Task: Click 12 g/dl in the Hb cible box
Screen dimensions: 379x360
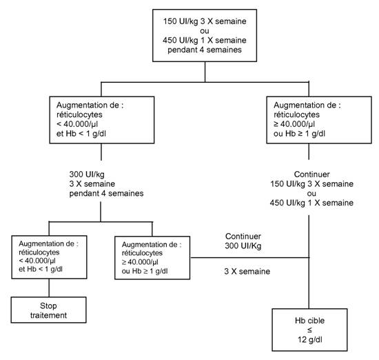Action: click(310, 340)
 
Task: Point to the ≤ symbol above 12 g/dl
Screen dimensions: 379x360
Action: click(309, 330)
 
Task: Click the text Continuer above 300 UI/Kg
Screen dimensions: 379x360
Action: click(243, 237)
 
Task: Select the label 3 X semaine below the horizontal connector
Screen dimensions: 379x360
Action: click(247, 272)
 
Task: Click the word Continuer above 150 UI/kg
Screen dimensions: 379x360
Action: click(311, 174)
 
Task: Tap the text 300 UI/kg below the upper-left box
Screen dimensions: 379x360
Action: click(87, 174)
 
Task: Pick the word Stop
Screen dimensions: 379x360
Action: click(48, 306)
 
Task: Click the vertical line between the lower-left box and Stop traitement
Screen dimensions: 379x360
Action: click(49, 288)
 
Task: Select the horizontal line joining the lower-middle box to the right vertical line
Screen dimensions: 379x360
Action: click(249, 258)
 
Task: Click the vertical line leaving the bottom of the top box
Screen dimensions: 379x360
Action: click(205, 72)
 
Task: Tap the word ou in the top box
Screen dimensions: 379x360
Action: click(205, 31)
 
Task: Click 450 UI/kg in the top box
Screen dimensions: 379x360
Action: click(181, 41)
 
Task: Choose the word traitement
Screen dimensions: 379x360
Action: click(49, 315)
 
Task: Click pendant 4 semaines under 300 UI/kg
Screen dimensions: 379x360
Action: click(106, 194)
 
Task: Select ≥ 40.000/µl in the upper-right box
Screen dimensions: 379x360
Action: click(294, 124)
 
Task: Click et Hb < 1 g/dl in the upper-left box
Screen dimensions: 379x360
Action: click(81, 134)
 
